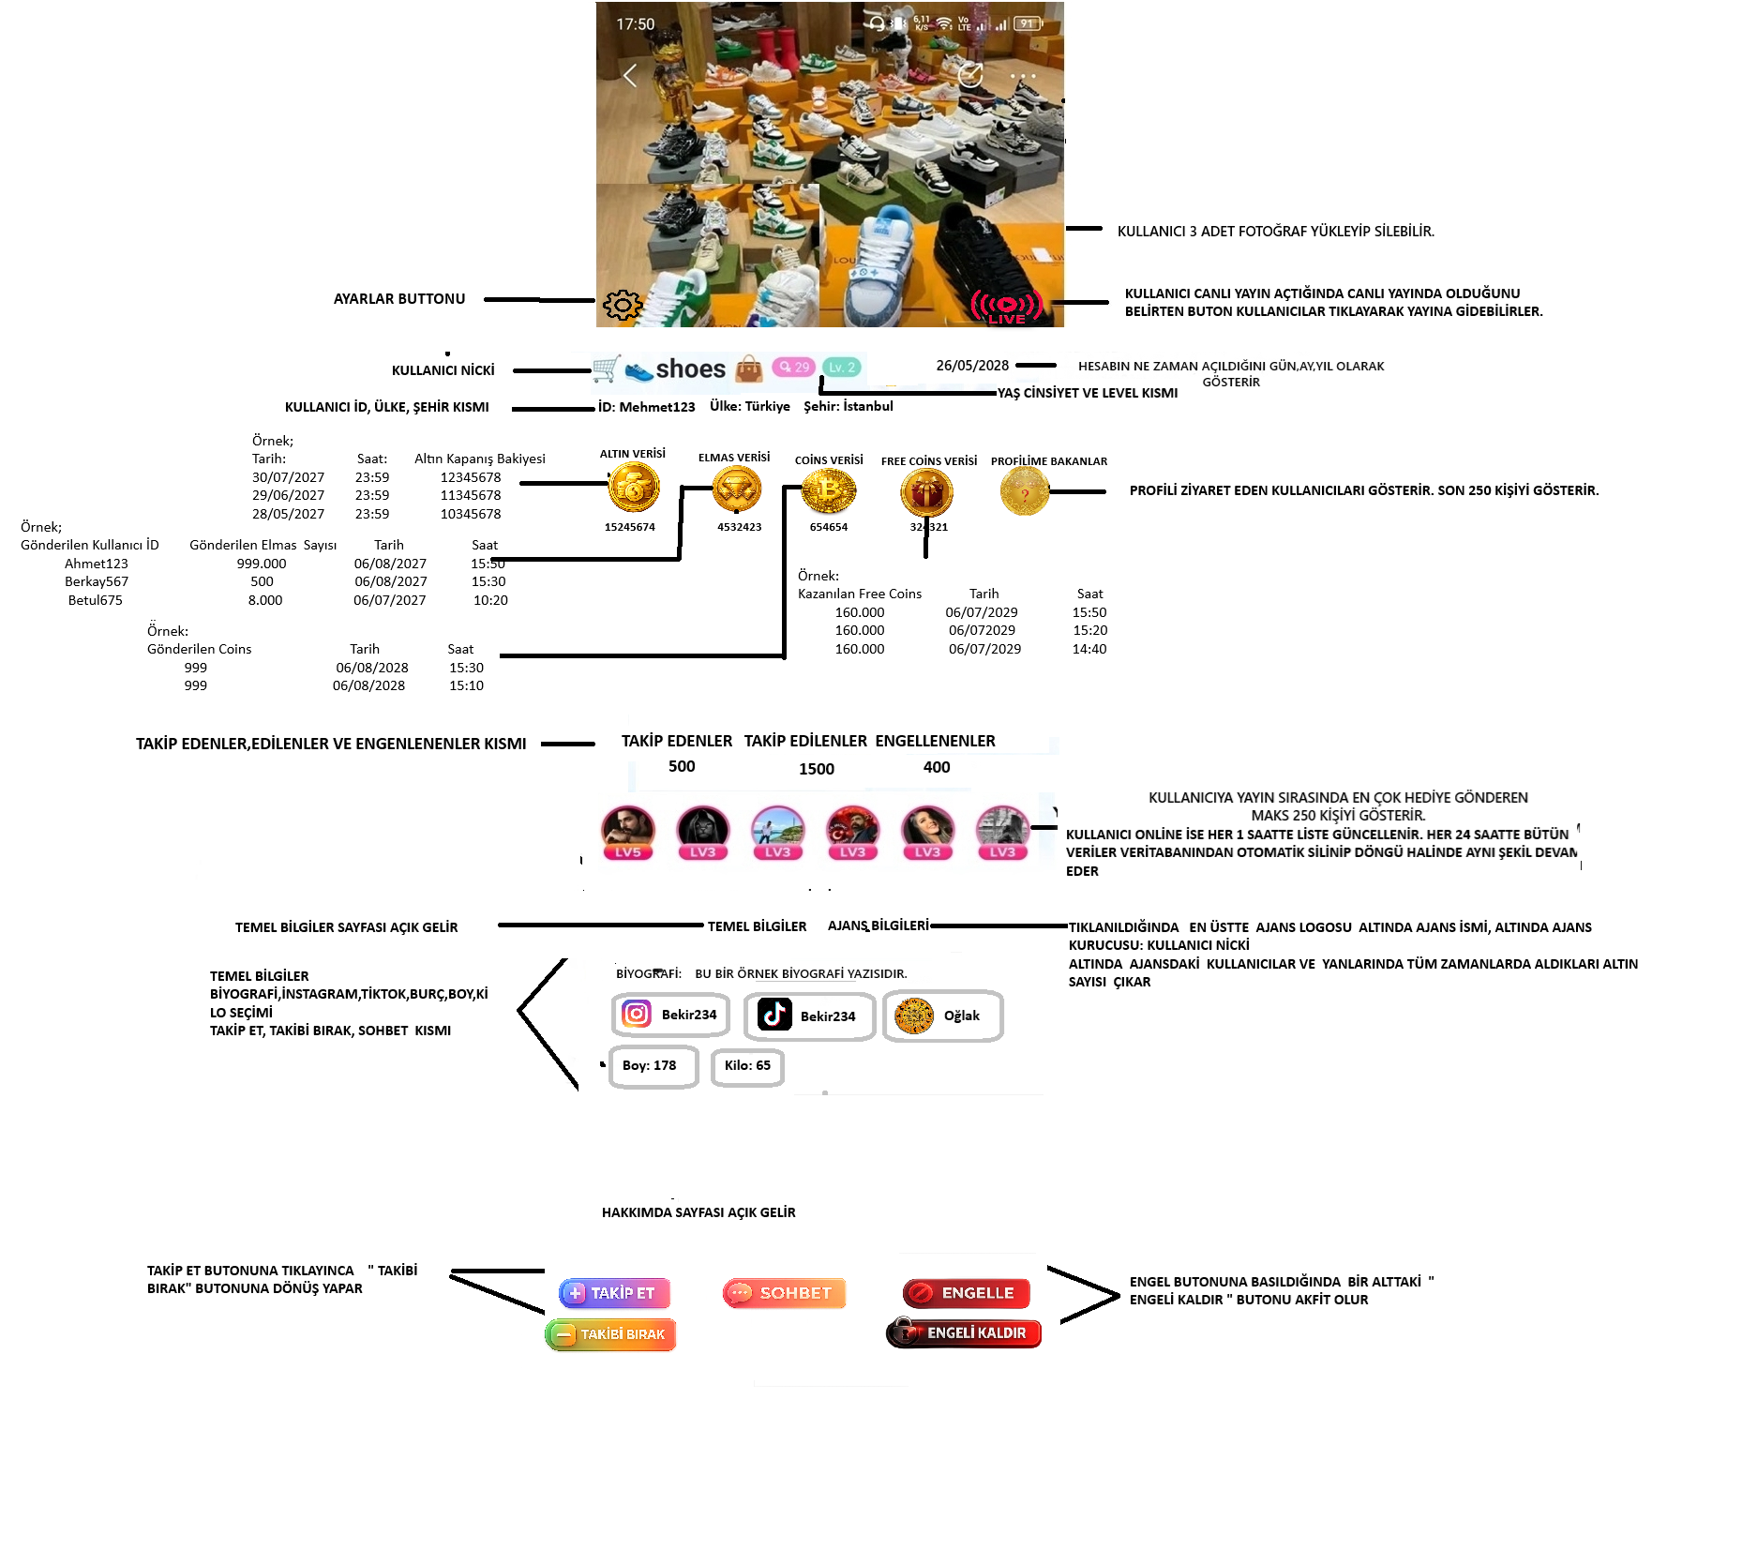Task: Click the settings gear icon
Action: pos(623,305)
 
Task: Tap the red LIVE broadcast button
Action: pos(1006,307)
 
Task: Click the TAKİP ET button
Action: pos(614,1293)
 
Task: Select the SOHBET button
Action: pos(784,1293)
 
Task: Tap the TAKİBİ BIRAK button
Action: pos(610,1334)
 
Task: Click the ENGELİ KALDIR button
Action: pos(964,1332)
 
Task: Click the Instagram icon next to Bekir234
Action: pos(637,1014)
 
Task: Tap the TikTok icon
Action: pos(774,1014)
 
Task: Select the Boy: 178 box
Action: pos(653,1066)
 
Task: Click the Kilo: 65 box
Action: pos(747,1066)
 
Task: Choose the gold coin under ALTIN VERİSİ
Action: pos(634,489)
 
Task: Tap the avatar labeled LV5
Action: pos(628,833)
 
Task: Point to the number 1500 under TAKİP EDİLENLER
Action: pos(817,769)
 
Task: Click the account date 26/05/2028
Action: pos(972,366)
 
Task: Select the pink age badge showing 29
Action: pos(793,368)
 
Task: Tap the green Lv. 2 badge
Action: pos(842,368)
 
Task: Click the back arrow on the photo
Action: pos(630,76)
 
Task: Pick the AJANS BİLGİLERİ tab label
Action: pos(879,925)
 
